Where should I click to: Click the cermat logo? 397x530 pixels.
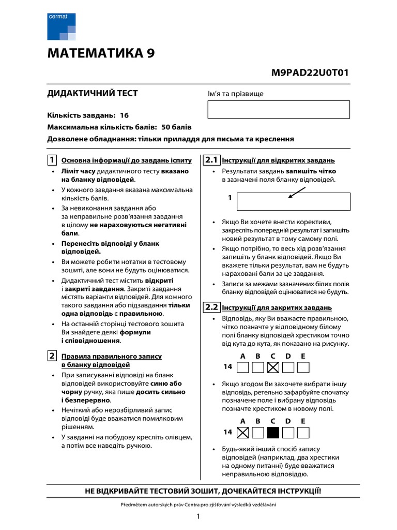(61, 27)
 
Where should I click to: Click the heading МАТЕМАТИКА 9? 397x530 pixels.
(100, 53)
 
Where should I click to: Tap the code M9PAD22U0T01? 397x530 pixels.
(310, 72)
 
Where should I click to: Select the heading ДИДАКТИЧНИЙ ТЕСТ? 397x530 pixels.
(93, 93)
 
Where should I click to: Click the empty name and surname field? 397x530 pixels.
(279, 110)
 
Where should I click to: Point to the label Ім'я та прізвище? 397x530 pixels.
(235, 94)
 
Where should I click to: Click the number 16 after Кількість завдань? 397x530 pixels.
(124, 115)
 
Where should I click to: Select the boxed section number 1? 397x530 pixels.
(52, 159)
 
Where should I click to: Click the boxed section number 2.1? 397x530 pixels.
(211, 159)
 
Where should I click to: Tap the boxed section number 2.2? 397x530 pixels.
(211, 306)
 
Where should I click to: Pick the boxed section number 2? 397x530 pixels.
(52, 356)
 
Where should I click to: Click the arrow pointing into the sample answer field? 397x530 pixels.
(297, 192)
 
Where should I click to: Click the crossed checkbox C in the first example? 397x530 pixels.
(273, 367)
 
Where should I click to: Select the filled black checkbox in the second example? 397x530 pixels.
(273, 432)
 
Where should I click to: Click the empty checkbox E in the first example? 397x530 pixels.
(303, 367)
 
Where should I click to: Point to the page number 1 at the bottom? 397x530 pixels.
(198, 516)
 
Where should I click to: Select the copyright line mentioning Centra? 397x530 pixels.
(198, 505)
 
